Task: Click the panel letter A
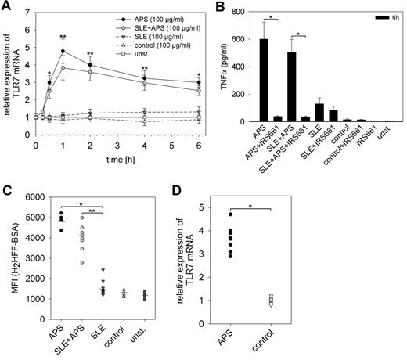[x=8, y=7]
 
